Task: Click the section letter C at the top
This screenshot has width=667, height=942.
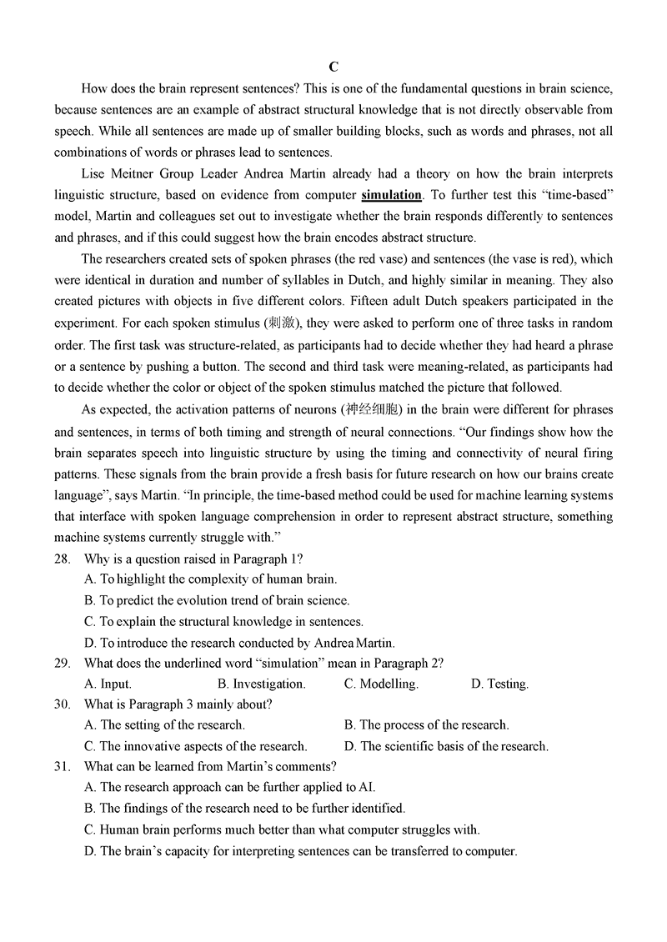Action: [x=333, y=67]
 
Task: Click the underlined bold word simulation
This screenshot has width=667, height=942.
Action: [x=391, y=195]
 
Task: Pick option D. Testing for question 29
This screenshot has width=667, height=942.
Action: [x=499, y=684]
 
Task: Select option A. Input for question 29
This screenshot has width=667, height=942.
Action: [x=108, y=684]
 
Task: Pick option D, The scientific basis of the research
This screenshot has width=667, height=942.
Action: [x=446, y=746]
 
